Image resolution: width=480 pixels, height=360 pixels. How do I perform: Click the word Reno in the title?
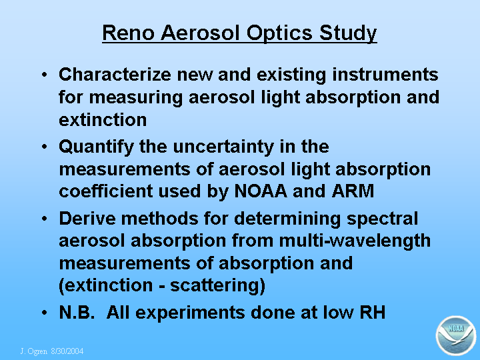pyautogui.click(x=128, y=33)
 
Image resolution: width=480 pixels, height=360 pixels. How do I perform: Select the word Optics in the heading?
pyautogui.click(x=279, y=33)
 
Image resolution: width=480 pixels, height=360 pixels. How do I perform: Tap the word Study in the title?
pyautogui.click(x=348, y=33)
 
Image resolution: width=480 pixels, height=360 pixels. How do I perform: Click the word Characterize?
pyautogui.click(x=115, y=75)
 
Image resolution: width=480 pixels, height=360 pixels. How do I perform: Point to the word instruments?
pyautogui.click(x=385, y=75)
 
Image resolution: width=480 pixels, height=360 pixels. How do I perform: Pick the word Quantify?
pyautogui.click(x=97, y=147)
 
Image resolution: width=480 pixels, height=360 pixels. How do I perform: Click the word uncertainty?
pyautogui.click(x=223, y=147)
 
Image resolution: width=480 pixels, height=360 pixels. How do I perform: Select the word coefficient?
pyautogui.click(x=105, y=191)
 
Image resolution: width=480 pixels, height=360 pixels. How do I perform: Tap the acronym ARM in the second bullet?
pyautogui.click(x=353, y=191)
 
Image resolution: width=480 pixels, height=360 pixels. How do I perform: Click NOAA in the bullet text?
pyautogui.click(x=261, y=191)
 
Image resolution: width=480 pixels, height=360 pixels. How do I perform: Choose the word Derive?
pyautogui.click(x=87, y=219)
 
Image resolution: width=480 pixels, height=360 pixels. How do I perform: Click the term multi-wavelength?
pyautogui.click(x=355, y=241)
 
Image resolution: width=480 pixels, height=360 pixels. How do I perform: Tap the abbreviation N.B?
pyautogui.click(x=77, y=313)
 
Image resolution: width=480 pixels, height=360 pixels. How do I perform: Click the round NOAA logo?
pyautogui.click(x=456, y=336)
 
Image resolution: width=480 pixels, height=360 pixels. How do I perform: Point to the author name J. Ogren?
pyautogui.click(x=34, y=351)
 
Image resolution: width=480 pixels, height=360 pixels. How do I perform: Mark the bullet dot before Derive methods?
pyautogui.click(x=45, y=219)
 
